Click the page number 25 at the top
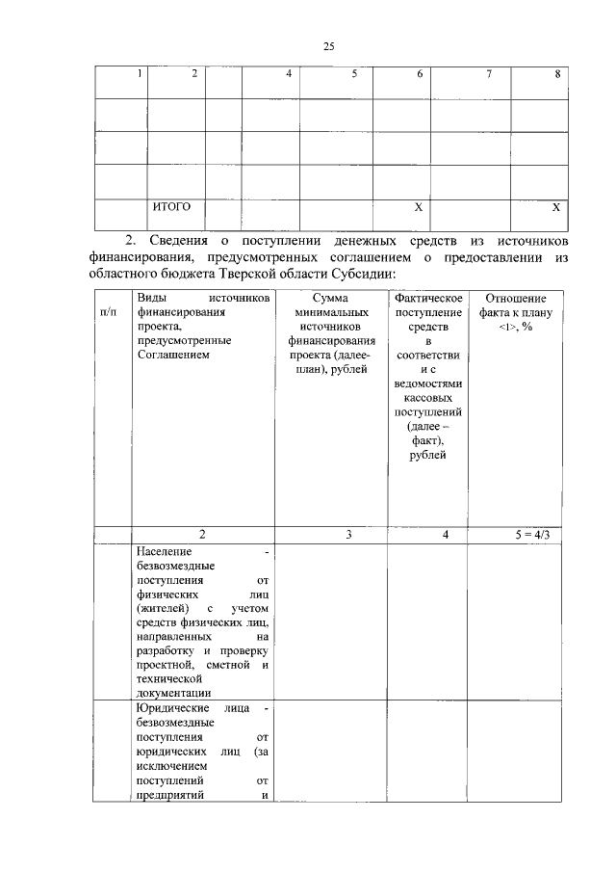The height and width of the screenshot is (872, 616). point(327,46)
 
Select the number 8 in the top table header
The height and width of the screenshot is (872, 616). point(557,75)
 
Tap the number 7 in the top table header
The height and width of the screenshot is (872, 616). point(489,75)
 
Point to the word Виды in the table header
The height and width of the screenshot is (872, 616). point(151,299)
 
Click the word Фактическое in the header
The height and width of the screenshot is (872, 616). point(427,299)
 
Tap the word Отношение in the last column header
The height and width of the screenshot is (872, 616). point(515,299)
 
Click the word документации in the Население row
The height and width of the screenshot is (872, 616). point(174,693)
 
